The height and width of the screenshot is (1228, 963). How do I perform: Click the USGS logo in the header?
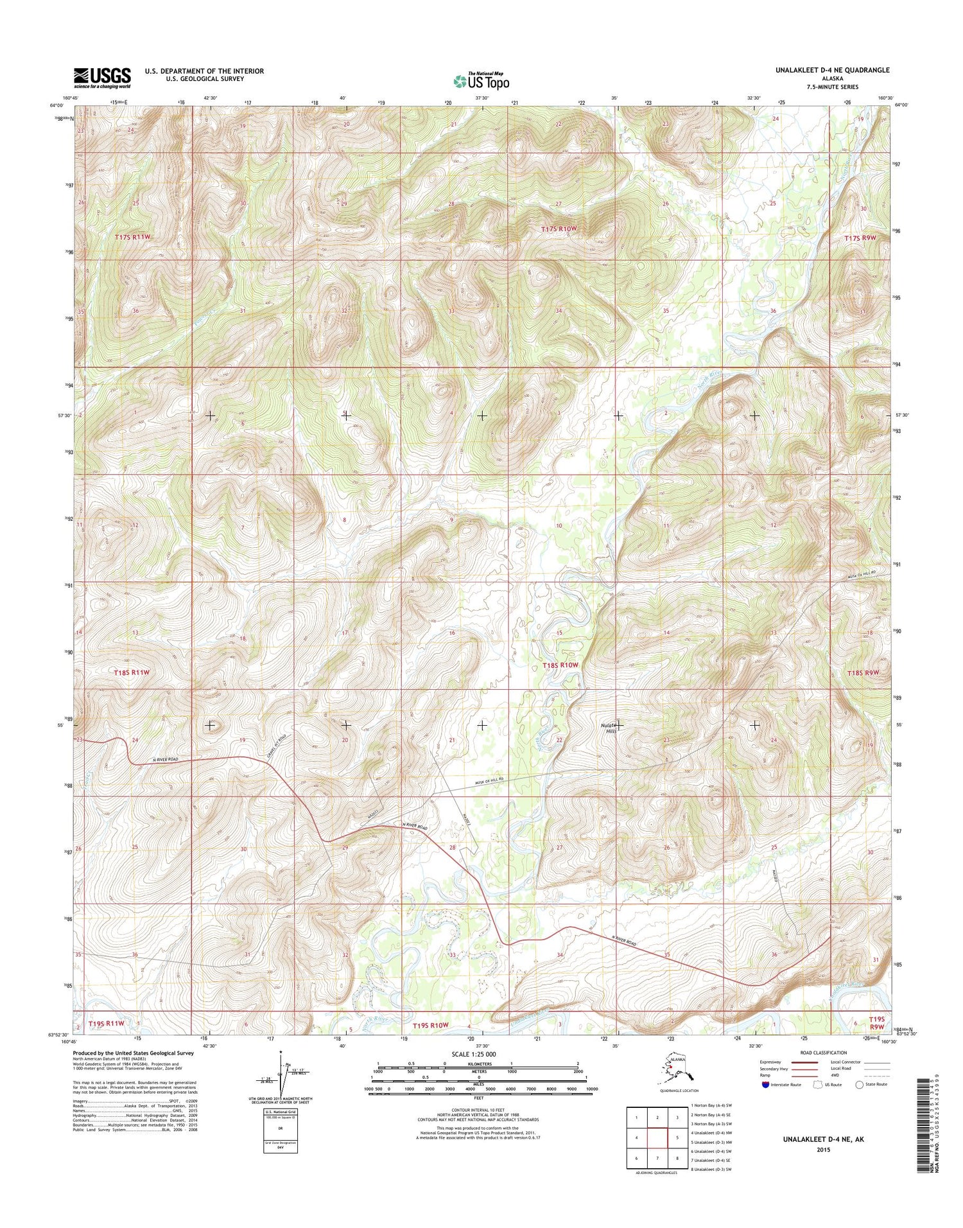coord(102,78)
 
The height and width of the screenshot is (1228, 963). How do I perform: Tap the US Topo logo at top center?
coord(481,81)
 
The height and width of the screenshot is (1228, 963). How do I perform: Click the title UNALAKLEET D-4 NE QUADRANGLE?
coord(832,70)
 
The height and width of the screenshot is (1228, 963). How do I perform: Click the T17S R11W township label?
coord(132,237)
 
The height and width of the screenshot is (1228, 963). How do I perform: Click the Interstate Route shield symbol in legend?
coord(765,1085)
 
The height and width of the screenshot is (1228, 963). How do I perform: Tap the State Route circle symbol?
coord(859,1085)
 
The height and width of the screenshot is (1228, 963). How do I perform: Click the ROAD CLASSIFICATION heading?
coord(823,1053)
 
